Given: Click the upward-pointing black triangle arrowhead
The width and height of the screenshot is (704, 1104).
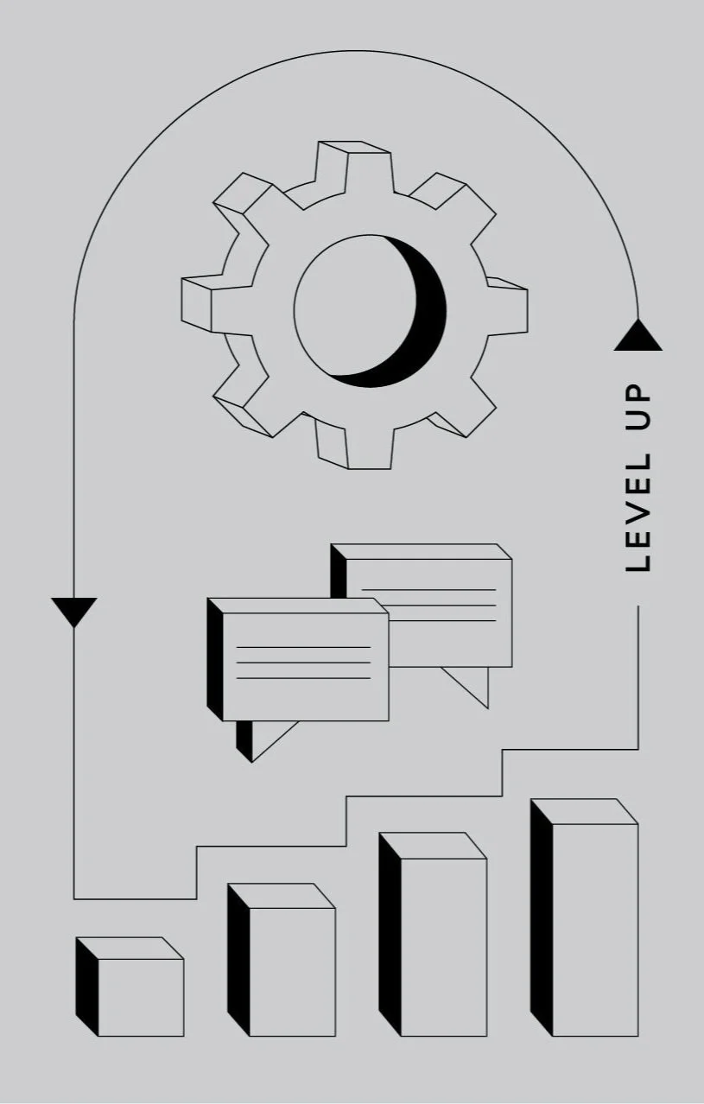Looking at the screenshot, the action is [638, 336].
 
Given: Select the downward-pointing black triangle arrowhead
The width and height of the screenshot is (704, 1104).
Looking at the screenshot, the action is [74, 610].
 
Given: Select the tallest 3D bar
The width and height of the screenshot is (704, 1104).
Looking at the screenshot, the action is [594, 929].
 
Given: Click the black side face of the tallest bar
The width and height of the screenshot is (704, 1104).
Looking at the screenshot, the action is [541, 920].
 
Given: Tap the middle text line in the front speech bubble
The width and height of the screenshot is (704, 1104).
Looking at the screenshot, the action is [303, 663].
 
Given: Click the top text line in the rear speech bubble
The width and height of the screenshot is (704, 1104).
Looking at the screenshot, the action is [428, 590].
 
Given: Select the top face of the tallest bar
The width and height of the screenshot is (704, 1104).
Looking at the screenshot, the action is [584, 811].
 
